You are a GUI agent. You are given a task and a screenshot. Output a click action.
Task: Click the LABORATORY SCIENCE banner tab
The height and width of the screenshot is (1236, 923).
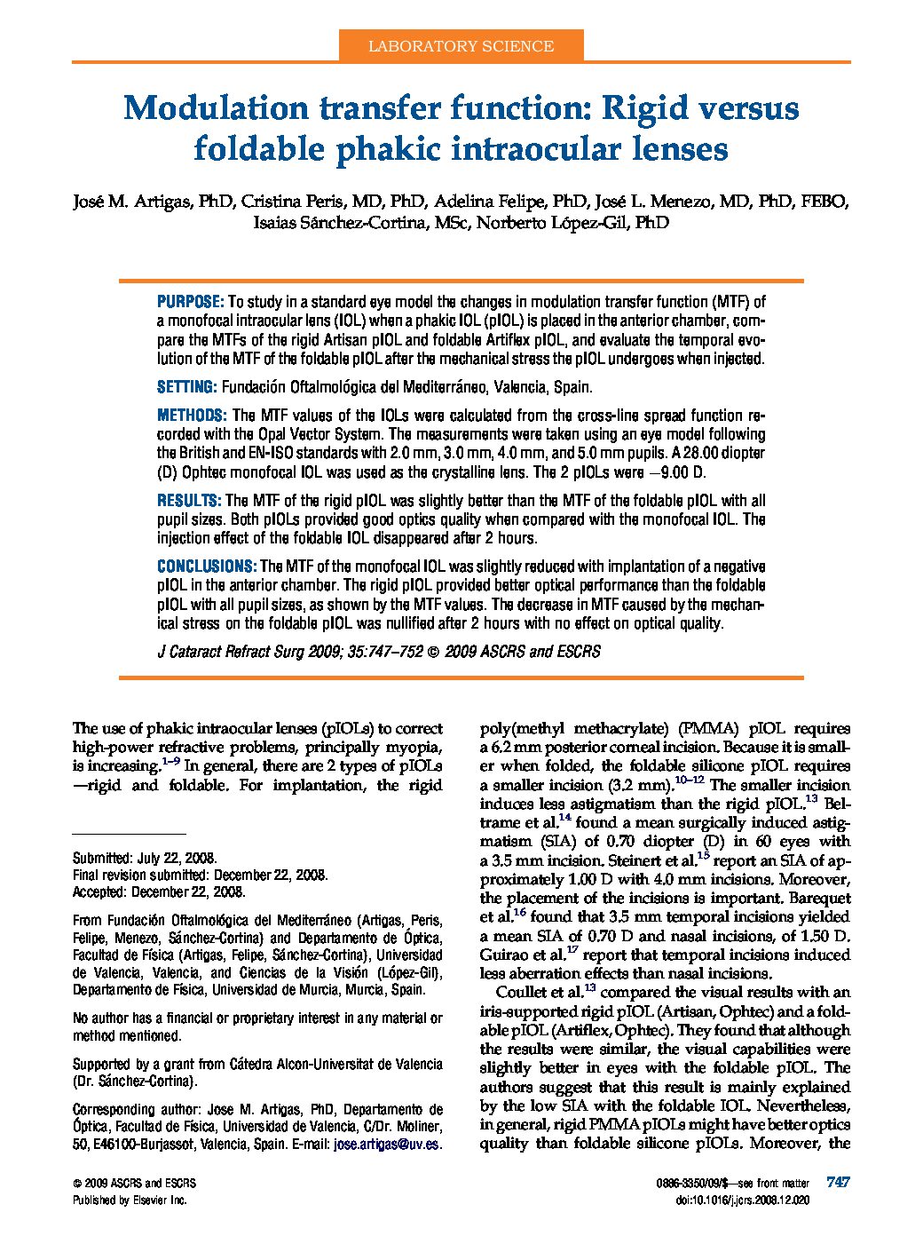(x=461, y=46)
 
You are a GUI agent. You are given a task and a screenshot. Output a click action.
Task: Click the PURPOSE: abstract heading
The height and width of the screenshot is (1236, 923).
(x=190, y=302)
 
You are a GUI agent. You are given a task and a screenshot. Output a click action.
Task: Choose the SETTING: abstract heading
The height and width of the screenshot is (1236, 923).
(x=186, y=387)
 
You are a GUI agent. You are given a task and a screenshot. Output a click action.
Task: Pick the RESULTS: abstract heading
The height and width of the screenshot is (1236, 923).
(x=188, y=501)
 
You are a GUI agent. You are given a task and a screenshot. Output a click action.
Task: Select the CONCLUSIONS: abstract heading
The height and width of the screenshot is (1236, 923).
(x=207, y=566)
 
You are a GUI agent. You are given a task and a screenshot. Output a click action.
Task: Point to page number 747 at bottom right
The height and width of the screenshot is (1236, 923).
(x=838, y=1183)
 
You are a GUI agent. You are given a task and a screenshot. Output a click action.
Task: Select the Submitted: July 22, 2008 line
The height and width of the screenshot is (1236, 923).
(x=145, y=858)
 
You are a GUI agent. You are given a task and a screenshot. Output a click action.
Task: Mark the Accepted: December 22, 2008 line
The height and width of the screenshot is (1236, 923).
(x=159, y=891)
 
